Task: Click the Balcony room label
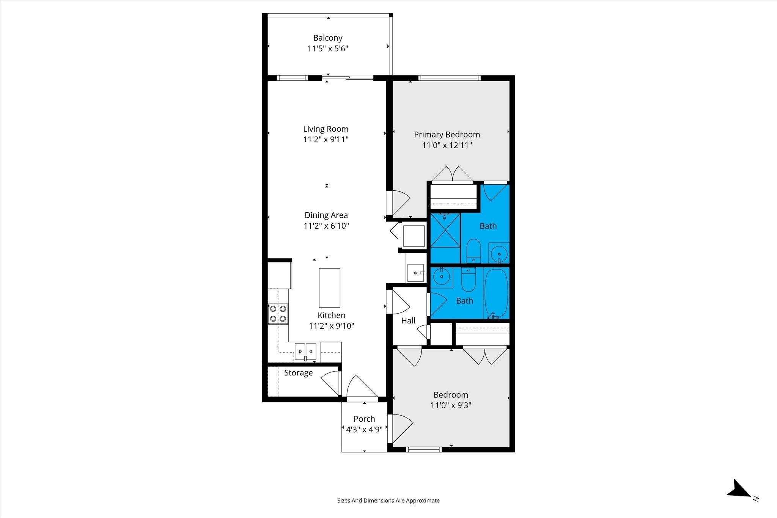(x=328, y=38)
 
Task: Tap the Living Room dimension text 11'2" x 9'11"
(x=326, y=140)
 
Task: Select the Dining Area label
(x=326, y=215)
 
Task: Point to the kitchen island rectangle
(x=329, y=288)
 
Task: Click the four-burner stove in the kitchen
(x=278, y=314)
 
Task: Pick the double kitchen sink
(x=305, y=352)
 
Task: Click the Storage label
(x=299, y=373)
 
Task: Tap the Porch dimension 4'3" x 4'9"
(x=364, y=430)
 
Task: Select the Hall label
(x=408, y=321)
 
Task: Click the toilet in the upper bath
(x=473, y=250)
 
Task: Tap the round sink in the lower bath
(x=442, y=276)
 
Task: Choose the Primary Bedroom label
(x=447, y=135)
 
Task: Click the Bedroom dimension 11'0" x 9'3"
(x=451, y=405)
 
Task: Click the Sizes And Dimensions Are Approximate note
(x=388, y=501)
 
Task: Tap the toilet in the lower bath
(x=469, y=280)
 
